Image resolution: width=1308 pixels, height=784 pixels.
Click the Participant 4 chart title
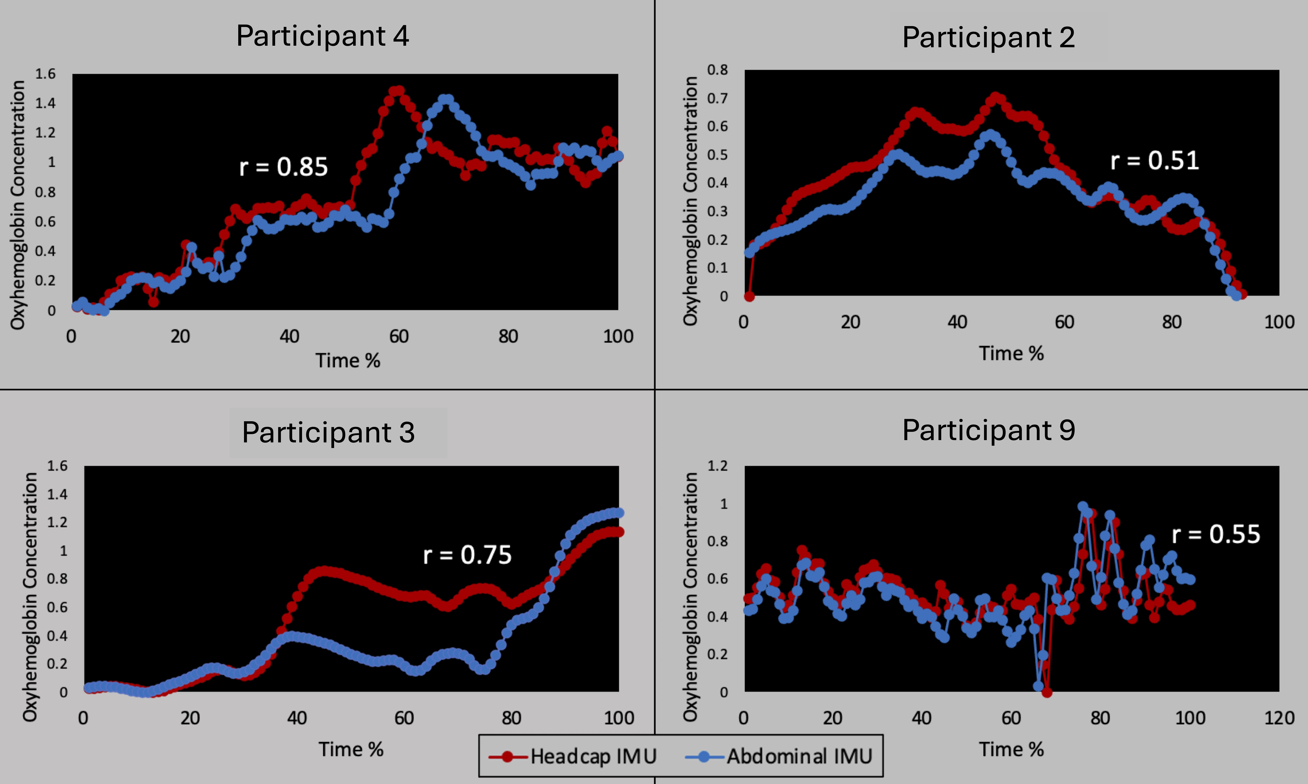322,36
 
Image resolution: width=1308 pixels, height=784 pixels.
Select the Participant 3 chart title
328,433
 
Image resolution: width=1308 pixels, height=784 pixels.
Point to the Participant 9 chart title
988,430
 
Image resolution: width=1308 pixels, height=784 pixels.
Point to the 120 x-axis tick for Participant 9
1279,718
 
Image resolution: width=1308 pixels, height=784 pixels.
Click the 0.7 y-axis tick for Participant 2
717,98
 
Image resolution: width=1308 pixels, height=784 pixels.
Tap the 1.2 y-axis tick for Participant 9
717,466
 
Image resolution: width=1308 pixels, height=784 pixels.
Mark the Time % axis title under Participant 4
348,361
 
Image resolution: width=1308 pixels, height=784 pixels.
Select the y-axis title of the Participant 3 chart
30,597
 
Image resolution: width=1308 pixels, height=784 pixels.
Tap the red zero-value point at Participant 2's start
749,296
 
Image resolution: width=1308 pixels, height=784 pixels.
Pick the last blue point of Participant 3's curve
618,512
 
